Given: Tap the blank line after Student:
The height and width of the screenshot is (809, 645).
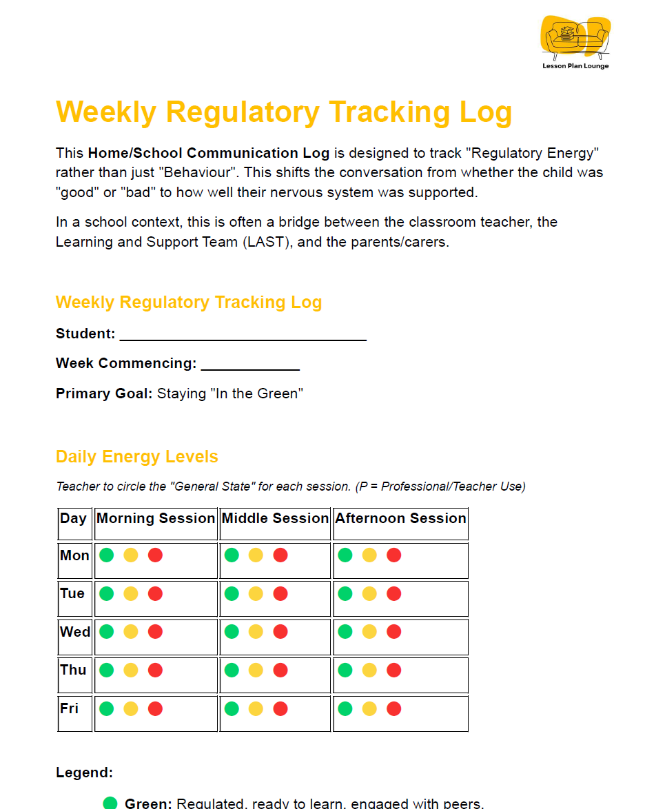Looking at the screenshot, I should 243,336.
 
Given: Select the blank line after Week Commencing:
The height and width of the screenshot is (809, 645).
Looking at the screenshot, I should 250,365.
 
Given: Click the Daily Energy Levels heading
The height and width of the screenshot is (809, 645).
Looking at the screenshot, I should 136,457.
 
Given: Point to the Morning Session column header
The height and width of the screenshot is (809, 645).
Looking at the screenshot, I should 156,519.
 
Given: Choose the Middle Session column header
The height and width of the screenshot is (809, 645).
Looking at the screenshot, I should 275,519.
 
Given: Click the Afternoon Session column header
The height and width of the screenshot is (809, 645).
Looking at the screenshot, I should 400,519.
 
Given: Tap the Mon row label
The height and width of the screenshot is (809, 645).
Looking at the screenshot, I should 74,555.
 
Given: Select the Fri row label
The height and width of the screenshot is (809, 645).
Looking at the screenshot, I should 70,708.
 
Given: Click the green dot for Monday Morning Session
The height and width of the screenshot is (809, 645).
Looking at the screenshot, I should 106,555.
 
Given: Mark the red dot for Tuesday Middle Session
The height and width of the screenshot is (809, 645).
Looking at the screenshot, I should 280,593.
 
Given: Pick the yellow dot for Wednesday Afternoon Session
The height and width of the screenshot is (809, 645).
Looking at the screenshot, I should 369,632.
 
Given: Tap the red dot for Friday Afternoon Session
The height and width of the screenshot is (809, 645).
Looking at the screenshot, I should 394,708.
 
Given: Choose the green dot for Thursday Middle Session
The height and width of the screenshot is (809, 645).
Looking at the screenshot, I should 232,670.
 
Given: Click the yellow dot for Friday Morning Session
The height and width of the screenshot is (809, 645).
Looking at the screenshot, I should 131,708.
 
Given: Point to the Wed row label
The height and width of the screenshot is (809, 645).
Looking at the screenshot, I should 75,632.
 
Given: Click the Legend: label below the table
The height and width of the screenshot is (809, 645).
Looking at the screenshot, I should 84,772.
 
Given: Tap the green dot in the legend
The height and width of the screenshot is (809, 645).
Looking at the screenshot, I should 110,803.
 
